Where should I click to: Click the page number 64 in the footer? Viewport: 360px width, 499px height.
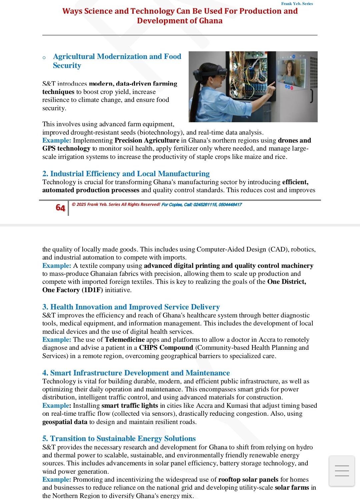(x=60, y=208)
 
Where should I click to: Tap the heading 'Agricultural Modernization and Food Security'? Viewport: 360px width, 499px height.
(x=117, y=61)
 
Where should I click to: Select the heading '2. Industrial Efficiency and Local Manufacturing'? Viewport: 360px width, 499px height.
(x=126, y=174)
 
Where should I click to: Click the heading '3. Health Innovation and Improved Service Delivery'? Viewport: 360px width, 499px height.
(x=131, y=307)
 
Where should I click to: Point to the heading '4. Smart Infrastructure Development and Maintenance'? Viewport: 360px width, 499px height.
(x=136, y=373)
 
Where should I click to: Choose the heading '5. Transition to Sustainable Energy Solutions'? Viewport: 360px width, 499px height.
(x=119, y=438)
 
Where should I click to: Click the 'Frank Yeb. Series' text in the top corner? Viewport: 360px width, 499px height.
(x=297, y=4)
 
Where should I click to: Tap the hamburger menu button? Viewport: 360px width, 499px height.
(x=342, y=471)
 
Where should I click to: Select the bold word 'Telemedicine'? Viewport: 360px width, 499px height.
(x=125, y=339)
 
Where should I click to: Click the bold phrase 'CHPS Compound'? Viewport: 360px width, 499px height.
(x=166, y=347)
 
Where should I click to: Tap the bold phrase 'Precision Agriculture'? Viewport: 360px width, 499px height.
(x=147, y=140)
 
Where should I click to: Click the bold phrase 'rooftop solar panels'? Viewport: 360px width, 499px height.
(x=248, y=479)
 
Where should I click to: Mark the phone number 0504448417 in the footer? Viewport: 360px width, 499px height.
(x=230, y=205)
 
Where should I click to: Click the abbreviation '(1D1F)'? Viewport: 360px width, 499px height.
(x=92, y=290)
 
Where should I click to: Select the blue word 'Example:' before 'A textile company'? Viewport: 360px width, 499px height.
(x=57, y=265)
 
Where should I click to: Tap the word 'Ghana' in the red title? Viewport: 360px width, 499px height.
(x=211, y=21)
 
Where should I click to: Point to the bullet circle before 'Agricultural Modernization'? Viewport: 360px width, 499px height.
(x=44, y=58)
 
